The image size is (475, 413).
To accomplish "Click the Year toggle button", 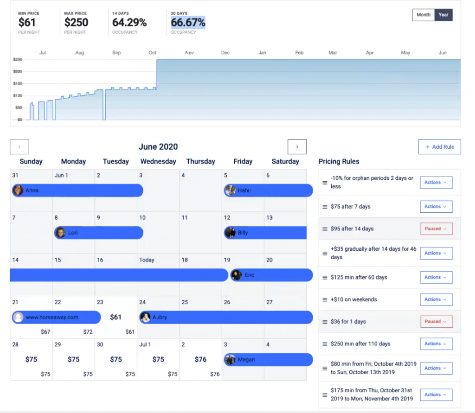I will click(x=443, y=15).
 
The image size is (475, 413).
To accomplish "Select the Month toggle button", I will click(x=423, y=15).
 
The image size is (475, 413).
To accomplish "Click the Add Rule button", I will click(x=439, y=147).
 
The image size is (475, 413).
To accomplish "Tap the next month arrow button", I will click(x=297, y=147).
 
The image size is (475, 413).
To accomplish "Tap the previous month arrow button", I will click(x=19, y=147).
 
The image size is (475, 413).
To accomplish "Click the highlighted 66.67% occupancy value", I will click(x=188, y=22).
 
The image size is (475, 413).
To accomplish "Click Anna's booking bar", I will click(x=77, y=191).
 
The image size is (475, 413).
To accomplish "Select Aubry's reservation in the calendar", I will click(x=226, y=318).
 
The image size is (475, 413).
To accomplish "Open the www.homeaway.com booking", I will click(x=56, y=318).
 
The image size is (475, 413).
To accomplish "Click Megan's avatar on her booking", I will click(x=230, y=360).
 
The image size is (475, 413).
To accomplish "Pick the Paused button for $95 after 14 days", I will click(x=436, y=229).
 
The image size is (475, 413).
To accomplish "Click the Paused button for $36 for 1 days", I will click(x=436, y=321).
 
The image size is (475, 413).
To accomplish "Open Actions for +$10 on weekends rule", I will click(x=436, y=299).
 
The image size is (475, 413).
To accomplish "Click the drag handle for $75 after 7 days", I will click(x=325, y=207).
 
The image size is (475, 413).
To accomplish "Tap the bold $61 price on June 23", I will click(x=116, y=317).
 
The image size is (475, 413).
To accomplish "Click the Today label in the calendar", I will click(x=147, y=260).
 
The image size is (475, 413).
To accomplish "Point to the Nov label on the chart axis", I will click(x=189, y=53).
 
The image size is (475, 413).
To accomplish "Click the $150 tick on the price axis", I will click(x=18, y=83).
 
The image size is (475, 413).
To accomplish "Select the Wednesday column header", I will click(x=158, y=161).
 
